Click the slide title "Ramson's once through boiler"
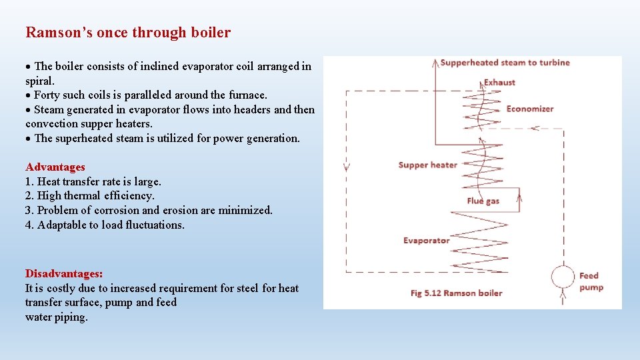[x=128, y=32]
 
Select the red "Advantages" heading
[x=55, y=167]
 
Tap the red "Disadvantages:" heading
[x=64, y=273]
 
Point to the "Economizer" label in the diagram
[x=529, y=109]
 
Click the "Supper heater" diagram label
[x=427, y=165]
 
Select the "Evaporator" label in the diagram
[x=426, y=240]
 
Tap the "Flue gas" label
[x=483, y=201]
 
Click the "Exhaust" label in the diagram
[x=499, y=83]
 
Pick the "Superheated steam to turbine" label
[x=505, y=63]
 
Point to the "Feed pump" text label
[x=591, y=281]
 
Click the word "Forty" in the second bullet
[x=47, y=95]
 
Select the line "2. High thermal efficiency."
[x=90, y=195]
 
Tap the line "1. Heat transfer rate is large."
[x=93, y=181]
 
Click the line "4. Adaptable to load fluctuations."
[x=105, y=225]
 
